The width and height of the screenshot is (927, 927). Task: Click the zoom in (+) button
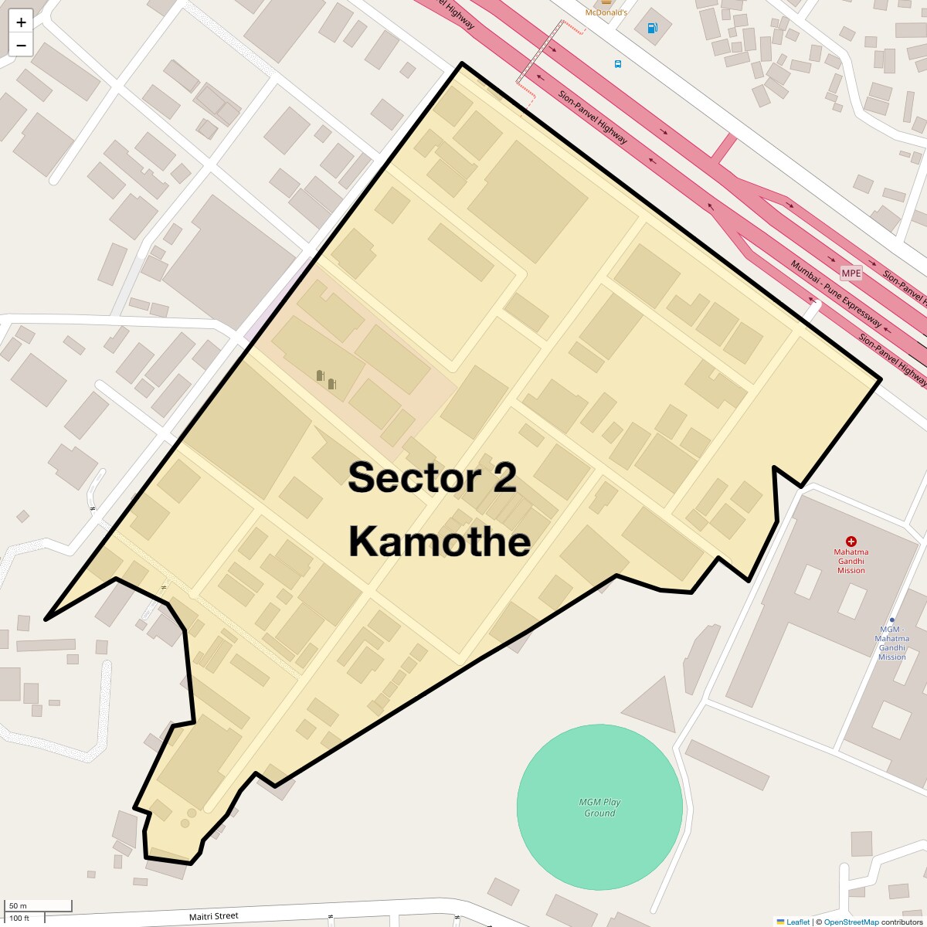pyautogui.click(x=21, y=22)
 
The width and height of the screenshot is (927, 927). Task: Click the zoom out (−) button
pyautogui.click(x=21, y=45)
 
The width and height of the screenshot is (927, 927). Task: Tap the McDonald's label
pyautogui.click(x=606, y=12)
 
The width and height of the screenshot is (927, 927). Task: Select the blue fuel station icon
pyautogui.click(x=653, y=29)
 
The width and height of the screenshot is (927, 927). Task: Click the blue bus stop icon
pyautogui.click(x=617, y=63)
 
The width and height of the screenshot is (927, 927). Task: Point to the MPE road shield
pyautogui.click(x=851, y=273)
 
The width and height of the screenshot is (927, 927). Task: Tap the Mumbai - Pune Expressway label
pyautogui.click(x=835, y=294)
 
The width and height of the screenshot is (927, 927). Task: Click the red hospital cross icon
pyautogui.click(x=851, y=542)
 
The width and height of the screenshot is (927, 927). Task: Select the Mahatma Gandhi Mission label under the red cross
pyautogui.click(x=851, y=562)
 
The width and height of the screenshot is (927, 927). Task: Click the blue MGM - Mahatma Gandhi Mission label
pyautogui.click(x=891, y=643)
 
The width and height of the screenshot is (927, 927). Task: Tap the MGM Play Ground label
pyautogui.click(x=599, y=807)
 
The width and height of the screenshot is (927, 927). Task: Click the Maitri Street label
pyautogui.click(x=214, y=916)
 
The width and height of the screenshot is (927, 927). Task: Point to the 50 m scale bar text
pyautogui.click(x=18, y=905)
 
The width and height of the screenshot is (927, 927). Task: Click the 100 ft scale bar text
pyautogui.click(x=19, y=919)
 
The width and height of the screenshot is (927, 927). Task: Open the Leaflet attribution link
pyautogui.click(x=797, y=922)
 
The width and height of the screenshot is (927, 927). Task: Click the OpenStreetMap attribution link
pyautogui.click(x=851, y=922)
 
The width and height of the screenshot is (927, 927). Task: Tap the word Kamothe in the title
pyautogui.click(x=440, y=542)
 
